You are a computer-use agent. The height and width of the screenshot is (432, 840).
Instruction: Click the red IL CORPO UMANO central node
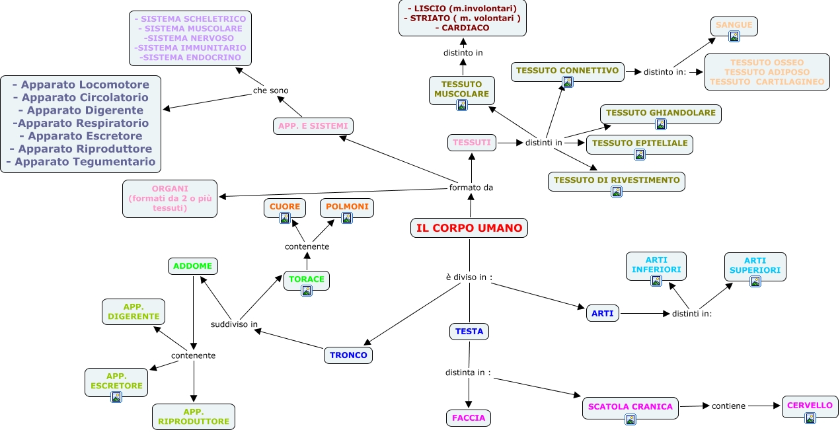coord(469,228)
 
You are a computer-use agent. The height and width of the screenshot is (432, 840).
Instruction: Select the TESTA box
coord(469,332)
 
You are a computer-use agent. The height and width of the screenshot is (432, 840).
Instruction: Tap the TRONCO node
coord(348,355)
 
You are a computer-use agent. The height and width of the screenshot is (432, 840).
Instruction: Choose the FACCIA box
coord(469,417)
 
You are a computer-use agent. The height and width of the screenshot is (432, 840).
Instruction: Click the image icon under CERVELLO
coord(810,417)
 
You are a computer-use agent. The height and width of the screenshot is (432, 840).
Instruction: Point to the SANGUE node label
coord(734,24)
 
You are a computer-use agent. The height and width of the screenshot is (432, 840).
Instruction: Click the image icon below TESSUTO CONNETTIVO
coord(568,82)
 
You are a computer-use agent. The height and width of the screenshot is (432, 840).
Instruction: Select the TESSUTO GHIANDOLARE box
coord(661,114)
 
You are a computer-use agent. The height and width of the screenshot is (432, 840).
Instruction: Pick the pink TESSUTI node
coord(472,143)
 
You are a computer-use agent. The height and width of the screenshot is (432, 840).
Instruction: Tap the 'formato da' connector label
coord(471,188)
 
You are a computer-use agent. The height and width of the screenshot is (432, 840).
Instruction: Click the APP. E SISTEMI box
coord(313,126)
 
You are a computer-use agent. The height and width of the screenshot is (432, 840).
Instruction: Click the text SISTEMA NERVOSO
coord(190,38)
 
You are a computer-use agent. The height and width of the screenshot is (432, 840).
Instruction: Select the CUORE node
coord(285,208)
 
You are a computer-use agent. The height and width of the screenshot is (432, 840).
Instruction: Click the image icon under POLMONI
coord(347,218)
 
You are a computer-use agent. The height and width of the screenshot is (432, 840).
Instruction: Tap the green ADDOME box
coord(193,266)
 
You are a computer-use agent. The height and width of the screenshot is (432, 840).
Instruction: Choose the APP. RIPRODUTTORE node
coord(194,417)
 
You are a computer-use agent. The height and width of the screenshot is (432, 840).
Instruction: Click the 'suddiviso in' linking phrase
coord(234,324)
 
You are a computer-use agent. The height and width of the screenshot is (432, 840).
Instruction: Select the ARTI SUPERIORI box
coord(755,267)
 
